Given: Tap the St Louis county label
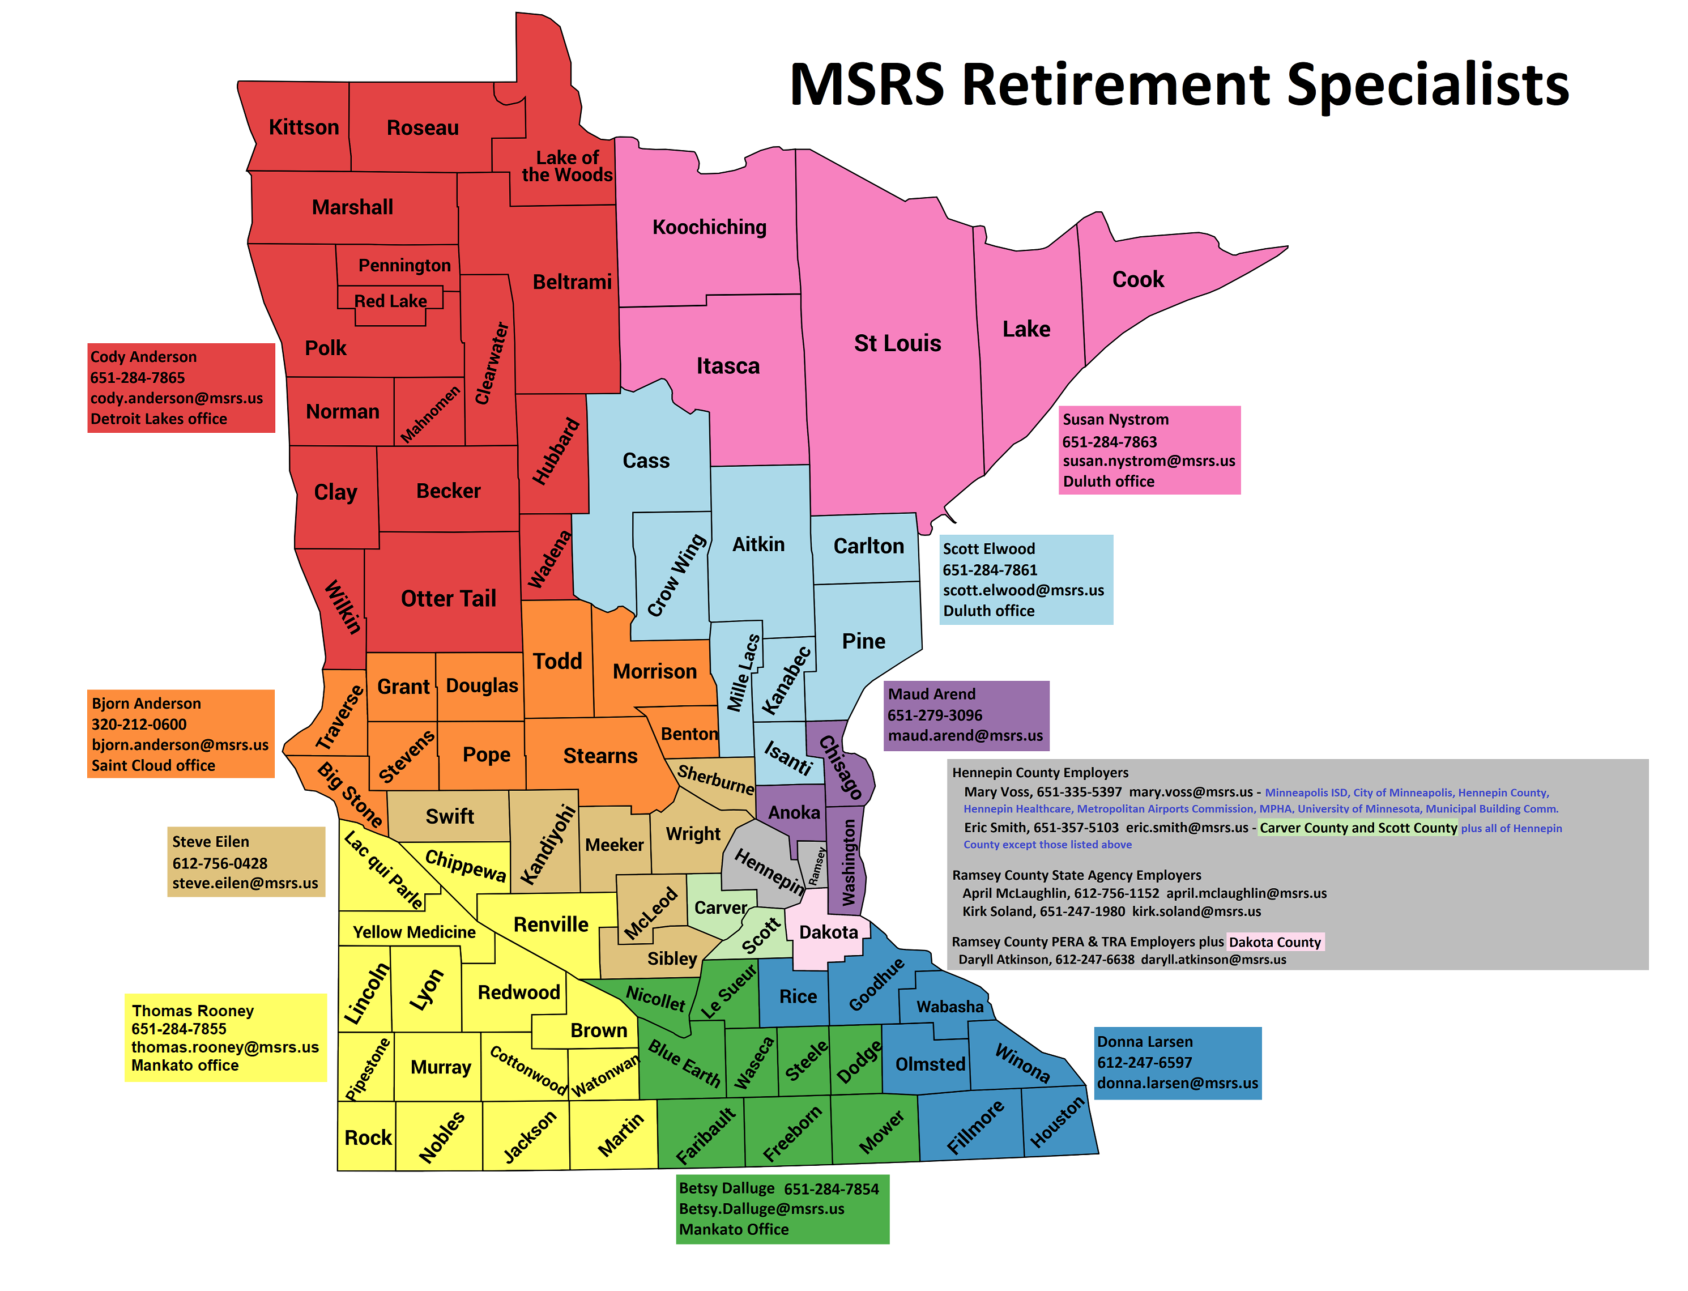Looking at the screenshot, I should click(x=897, y=343).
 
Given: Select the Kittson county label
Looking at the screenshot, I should click(x=304, y=127).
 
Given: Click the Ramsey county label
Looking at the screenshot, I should click(x=816, y=866).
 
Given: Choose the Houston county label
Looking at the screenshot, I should click(x=1056, y=1122).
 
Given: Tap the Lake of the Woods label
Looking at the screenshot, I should click(x=567, y=166).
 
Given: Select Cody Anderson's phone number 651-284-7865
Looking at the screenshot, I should click(x=138, y=377).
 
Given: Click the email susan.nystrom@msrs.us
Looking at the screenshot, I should click(x=1149, y=461).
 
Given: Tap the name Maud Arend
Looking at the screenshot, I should click(x=931, y=694).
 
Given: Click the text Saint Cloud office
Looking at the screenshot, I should click(x=153, y=765).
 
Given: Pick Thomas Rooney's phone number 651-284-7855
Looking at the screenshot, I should click(x=178, y=1029).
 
